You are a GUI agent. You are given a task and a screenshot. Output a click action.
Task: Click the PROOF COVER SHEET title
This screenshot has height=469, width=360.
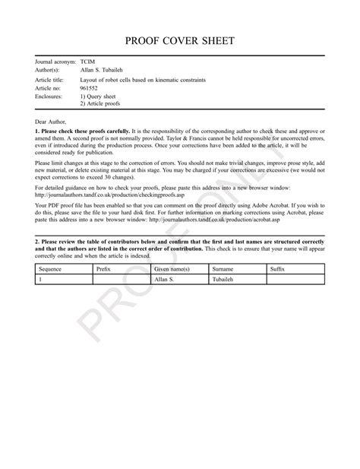pyautogui.click(x=180, y=40)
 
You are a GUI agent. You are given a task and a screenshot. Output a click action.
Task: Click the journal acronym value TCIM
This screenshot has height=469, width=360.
pyautogui.click(x=89, y=61)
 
